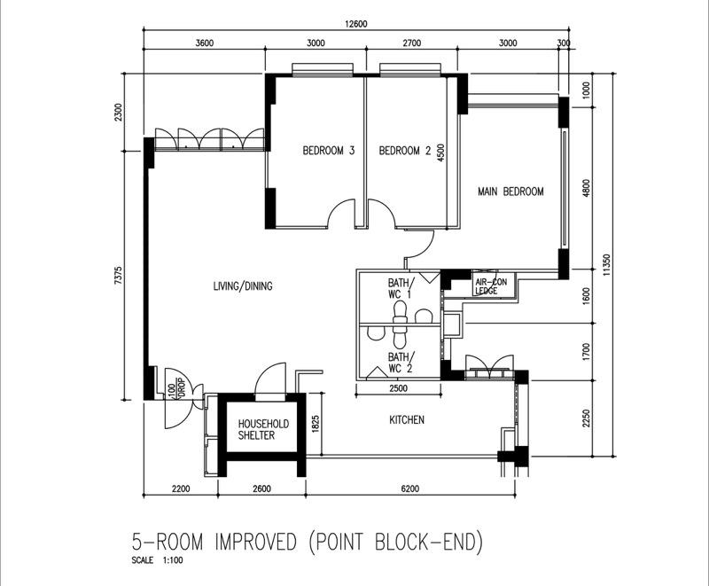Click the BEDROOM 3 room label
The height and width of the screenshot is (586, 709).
pos(328,151)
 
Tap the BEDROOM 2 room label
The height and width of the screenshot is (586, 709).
pos(404,151)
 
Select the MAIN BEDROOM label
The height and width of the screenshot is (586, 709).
pos(510,191)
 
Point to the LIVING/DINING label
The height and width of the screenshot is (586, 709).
pos(242,286)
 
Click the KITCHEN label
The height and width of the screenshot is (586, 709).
pos(407,419)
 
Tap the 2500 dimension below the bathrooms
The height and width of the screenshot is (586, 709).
pos(398,387)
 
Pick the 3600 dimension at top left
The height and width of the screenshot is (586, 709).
pos(205,43)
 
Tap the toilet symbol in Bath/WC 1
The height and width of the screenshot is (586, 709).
pos(400,310)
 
